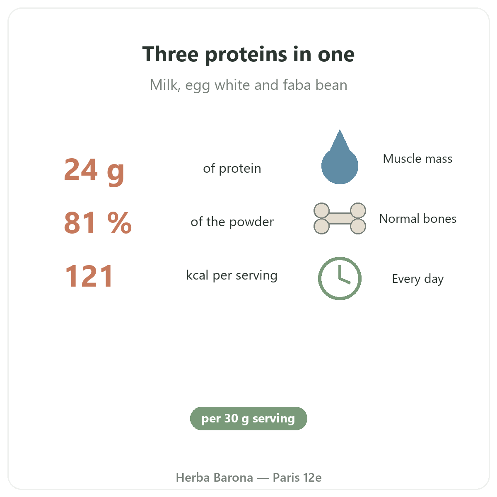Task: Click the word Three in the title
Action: (x=170, y=54)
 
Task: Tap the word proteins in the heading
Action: (x=246, y=55)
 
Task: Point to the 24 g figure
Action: (x=94, y=171)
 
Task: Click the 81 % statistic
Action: (x=98, y=222)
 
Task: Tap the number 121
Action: (x=89, y=276)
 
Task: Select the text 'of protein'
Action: (x=232, y=169)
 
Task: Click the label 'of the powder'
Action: (x=232, y=222)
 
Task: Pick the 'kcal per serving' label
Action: (x=232, y=275)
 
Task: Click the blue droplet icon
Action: (x=340, y=157)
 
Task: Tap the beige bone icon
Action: (x=340, y=218)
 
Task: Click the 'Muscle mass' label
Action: (x=417, y=159)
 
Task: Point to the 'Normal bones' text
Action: (x=417, y=219)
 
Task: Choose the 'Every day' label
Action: (x=417, y=279)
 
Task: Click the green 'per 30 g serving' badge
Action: (x=248, y=418)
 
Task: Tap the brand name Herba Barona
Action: (x=214, y=478)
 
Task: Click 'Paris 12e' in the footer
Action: (x=297, y=478)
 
